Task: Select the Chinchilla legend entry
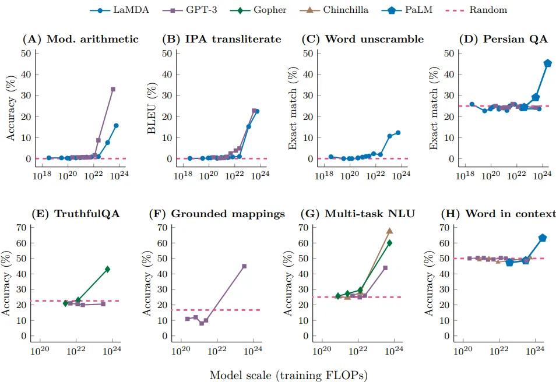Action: coord(341,9)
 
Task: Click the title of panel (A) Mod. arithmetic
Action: coord(80,40)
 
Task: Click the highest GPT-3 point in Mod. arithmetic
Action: coord(112,89)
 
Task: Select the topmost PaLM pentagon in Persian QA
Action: coord(547,63)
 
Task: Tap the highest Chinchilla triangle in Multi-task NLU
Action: coord(389,231)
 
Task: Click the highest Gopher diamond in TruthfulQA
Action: coord(107,269)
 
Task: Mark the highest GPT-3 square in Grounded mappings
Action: coord(244,266)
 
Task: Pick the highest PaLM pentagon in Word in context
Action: coord(542,238)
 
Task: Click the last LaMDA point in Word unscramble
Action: coord(398,133)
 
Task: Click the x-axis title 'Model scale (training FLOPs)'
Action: coord(288,375)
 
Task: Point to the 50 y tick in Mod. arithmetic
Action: coord(26,53)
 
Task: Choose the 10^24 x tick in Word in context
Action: coord(536,352)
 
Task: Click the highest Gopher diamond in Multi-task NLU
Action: coord(389,243)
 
